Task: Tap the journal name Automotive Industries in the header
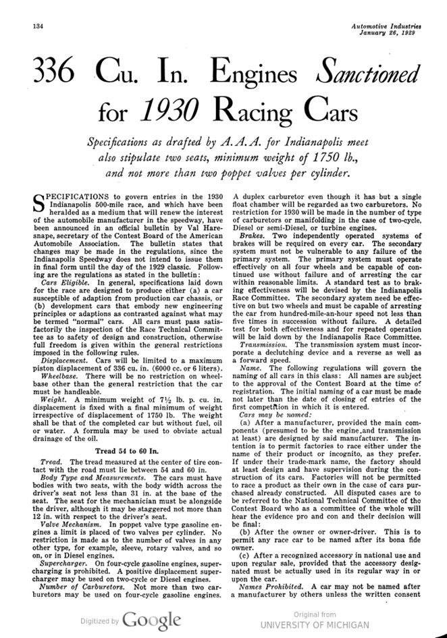point(386,26)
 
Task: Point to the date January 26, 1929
point(391,34)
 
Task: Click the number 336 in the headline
point(53,71)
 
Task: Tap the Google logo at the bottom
point(151,620)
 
